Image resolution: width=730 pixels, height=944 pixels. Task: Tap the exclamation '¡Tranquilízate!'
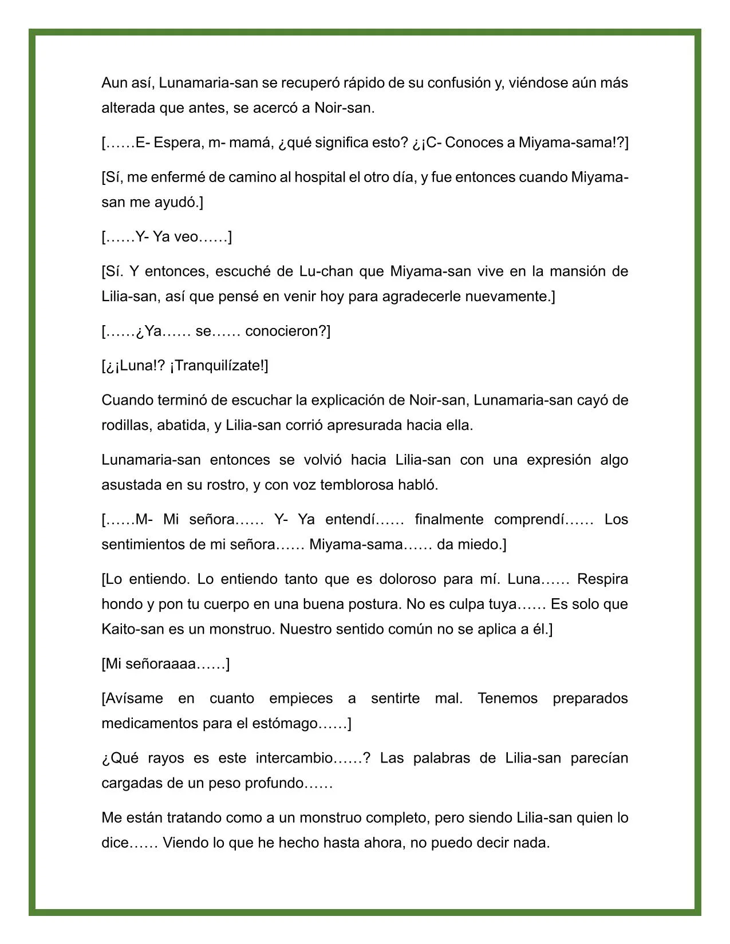coord(218,366)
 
